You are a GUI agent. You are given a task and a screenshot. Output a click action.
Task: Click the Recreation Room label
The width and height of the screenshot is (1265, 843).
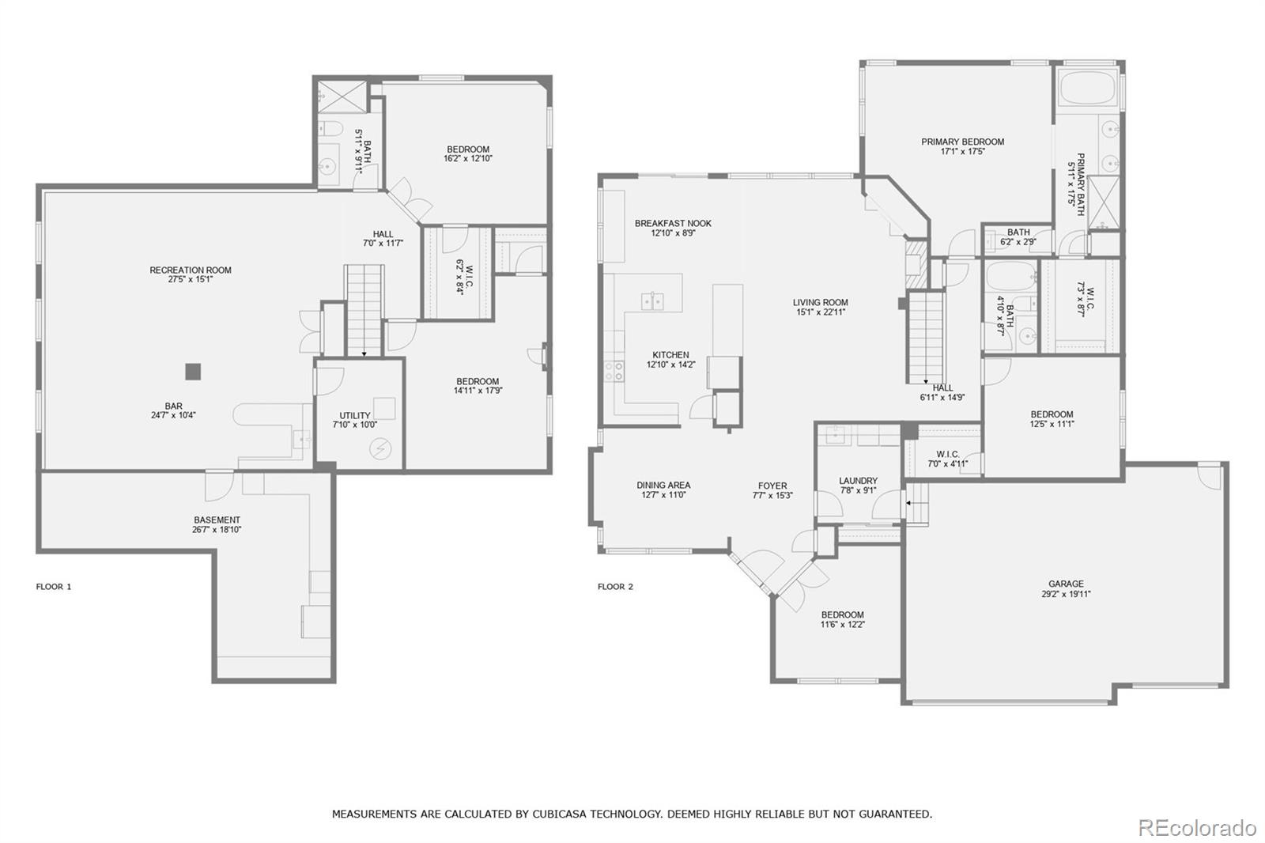coord(191,270)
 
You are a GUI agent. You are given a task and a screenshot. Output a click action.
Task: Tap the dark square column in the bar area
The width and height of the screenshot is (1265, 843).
coord(193,371)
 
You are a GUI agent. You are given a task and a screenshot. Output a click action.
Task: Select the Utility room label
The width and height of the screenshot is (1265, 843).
coord(355,416)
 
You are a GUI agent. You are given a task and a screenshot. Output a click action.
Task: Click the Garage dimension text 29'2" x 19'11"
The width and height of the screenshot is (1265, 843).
coord(1066,594)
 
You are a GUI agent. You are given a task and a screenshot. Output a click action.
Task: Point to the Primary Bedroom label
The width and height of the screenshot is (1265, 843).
coord(962,142)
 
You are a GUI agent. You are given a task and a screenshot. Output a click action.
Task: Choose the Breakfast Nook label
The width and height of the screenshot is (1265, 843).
coord(673,224)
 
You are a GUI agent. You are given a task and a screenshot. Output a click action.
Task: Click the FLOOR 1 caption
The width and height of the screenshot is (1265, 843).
coord(54,587)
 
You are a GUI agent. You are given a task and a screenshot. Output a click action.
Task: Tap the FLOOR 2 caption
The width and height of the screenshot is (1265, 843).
coord(615,587)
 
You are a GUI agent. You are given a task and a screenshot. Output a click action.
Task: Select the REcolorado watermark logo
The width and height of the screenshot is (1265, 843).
coord(1196,828)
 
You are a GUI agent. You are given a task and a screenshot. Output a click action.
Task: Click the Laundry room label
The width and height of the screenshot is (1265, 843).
coord(858,481)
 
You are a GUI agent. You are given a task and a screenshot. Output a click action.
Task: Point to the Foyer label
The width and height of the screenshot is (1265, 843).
coord(772,486)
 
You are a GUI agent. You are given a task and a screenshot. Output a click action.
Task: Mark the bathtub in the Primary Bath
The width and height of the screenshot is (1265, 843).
coord(1087,88)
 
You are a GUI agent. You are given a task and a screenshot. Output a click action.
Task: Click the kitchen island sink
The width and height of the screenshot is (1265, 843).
coord(652,301)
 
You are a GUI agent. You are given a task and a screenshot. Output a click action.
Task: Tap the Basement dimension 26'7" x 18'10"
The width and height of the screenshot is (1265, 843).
coord(217,530)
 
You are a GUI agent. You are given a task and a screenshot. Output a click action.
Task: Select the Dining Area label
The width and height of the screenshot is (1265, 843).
coord(663,486)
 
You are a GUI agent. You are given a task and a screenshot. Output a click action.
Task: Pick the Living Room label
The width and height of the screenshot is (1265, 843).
coord(820,303)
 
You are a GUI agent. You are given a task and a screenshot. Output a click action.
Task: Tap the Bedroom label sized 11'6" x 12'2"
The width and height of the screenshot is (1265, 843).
coord(842,615)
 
